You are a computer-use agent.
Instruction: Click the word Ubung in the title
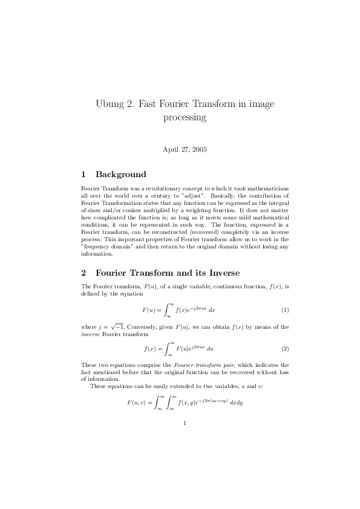coord(109,104)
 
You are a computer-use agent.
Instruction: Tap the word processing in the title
coord(185,117)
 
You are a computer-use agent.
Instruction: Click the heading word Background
coord(120,175)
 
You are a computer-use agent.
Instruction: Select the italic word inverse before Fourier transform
coord(91,334)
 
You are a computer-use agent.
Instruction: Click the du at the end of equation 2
coord(211,349)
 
